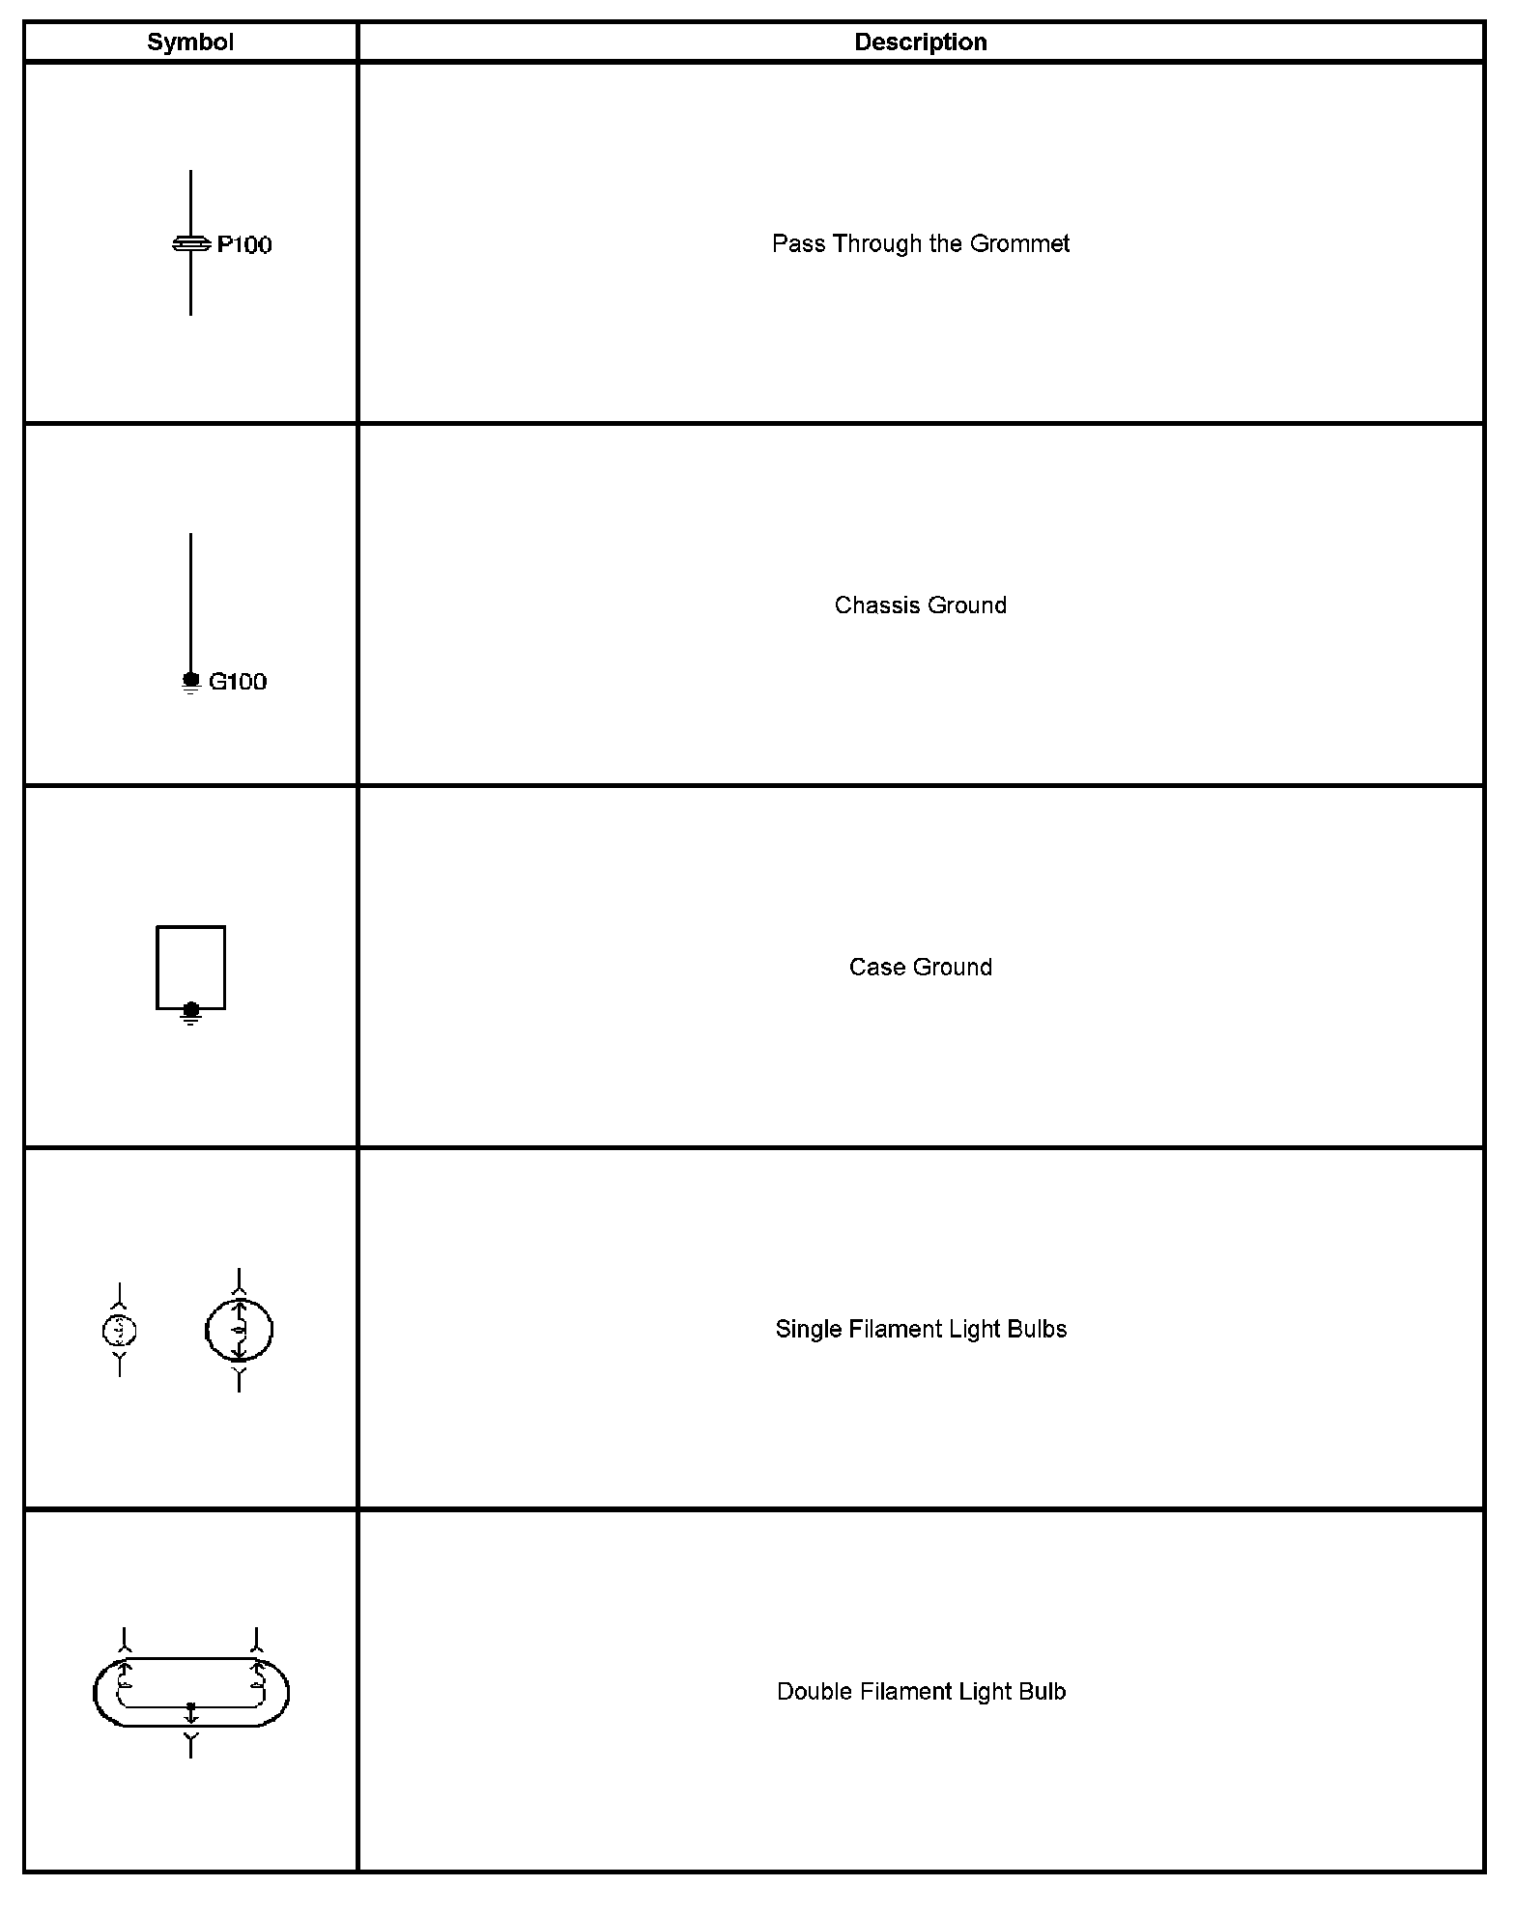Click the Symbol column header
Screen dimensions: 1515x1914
tap(190, 42)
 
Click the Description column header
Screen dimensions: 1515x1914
tap(920, 42)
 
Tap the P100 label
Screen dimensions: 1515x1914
tap(244, 245)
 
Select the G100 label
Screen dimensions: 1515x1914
tap(238, 682)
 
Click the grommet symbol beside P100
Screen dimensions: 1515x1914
tap(190, 244)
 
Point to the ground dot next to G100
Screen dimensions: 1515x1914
tap(190, 680)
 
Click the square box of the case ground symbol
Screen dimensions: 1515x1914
tap(191, 966)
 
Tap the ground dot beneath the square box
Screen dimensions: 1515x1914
tap(191, 1010)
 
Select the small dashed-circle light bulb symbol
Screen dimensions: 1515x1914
tap(119, 1331)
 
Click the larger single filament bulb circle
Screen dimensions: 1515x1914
tap(239, 1331)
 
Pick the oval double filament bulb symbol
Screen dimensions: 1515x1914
tap(191, 1692)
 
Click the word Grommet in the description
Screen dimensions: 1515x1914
tap(1019, 244)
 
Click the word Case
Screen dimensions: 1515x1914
tap(872, 968)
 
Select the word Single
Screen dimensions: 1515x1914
tap(808, 1330)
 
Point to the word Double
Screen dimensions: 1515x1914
tap(814, 1692)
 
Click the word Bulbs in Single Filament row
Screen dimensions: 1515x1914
tap(1037, 1330)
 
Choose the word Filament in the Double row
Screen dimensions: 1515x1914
tap(902, 1692)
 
